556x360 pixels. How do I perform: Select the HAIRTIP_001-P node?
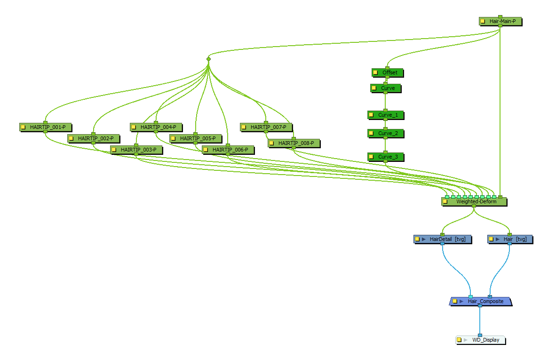[48, 127]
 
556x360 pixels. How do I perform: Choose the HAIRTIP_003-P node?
[138, 150]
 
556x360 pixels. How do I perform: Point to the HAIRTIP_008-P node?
[296, 143]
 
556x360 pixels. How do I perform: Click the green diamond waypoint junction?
[208, 59]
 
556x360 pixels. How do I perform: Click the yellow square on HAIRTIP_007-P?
[244, 127]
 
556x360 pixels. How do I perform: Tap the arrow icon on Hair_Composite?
[461, 301]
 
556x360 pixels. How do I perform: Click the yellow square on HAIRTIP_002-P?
[71, 138]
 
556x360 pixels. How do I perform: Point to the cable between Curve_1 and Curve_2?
[385, 124]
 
